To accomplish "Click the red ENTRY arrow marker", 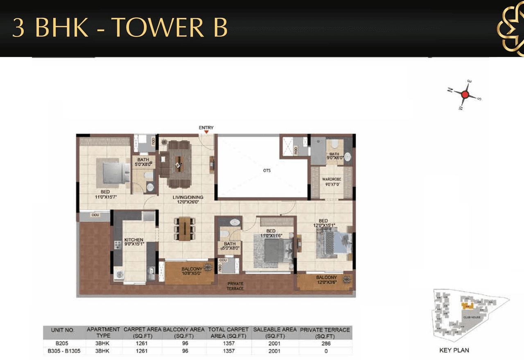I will [206, 132].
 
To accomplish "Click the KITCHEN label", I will [134, 240].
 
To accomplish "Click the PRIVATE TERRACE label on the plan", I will [235, 286].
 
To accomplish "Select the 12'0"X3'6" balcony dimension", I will [326, 283].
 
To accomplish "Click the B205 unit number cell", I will [63, 344].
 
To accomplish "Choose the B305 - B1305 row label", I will [63, 351].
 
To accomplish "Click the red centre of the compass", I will [465, 95].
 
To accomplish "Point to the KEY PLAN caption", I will [454, 350].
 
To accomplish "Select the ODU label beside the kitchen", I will [95, 215].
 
